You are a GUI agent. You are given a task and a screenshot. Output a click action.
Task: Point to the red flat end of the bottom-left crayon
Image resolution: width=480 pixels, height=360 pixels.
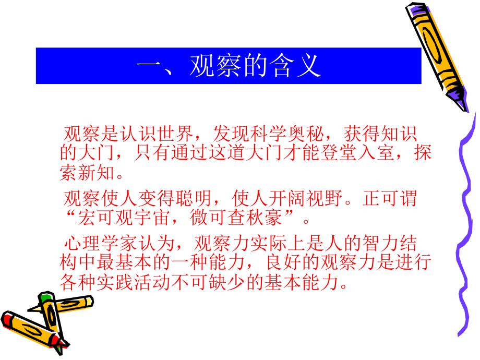click(8, 318)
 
